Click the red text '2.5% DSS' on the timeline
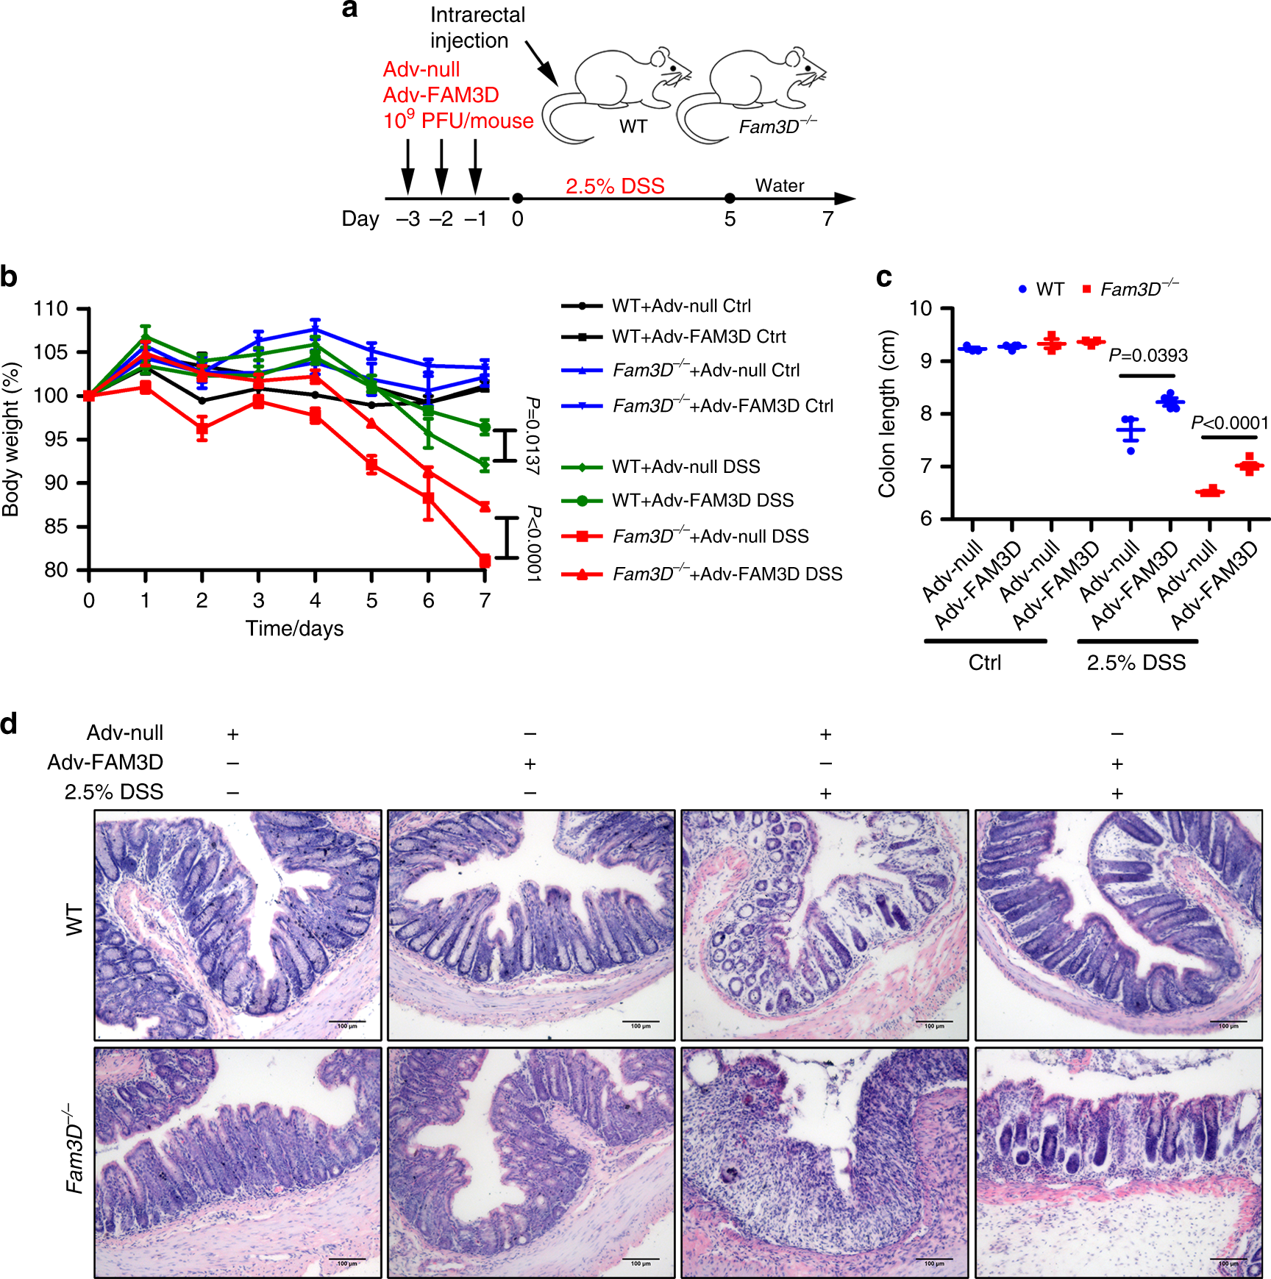pyautogui.click(x=615, y=186)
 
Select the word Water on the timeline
pyautogui.click(x=780, y=185)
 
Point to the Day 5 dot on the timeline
pyautogui.click(x=730, y=199)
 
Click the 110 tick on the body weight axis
pyautogui.click(x=51, y=309)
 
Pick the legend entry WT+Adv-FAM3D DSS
pyautogui.click(x=702, y=501)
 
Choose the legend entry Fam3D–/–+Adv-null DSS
pyautogui.click(x=710, y=537)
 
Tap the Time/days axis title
pyautogui.click(x=294, y=629)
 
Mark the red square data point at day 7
pyautogui.click(x=485, y=561)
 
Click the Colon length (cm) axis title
pyautogui.click(x=887, y=413)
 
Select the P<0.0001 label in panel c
pyautogui.click(x=1230, y=424)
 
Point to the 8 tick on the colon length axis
pyautogui.click(x=925, y=414)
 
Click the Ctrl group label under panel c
pyautogui.click(x=984, y=663)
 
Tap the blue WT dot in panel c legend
pyautogui.click(x=1022, y=290)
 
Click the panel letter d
pyautogui.click(x=9, y=724)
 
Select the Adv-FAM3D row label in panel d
pyautogui.click(x=105, y=763)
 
